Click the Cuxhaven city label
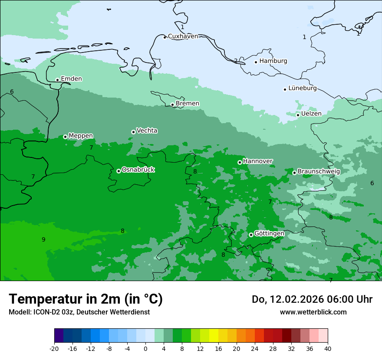183,36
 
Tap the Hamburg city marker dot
256,62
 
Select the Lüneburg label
303,88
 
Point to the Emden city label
71,79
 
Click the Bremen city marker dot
172,105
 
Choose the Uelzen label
311,114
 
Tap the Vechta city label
147,131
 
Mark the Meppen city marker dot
65,137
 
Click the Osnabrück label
138,170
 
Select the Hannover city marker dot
240,162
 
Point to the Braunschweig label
319,171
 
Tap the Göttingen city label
269,233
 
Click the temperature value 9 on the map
43,239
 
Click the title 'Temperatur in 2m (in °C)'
86,299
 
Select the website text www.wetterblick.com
313,312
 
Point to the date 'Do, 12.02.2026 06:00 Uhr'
312,299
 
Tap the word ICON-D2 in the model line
45,312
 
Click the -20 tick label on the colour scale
54,348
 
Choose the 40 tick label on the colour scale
328,348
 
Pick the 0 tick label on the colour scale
145,348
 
